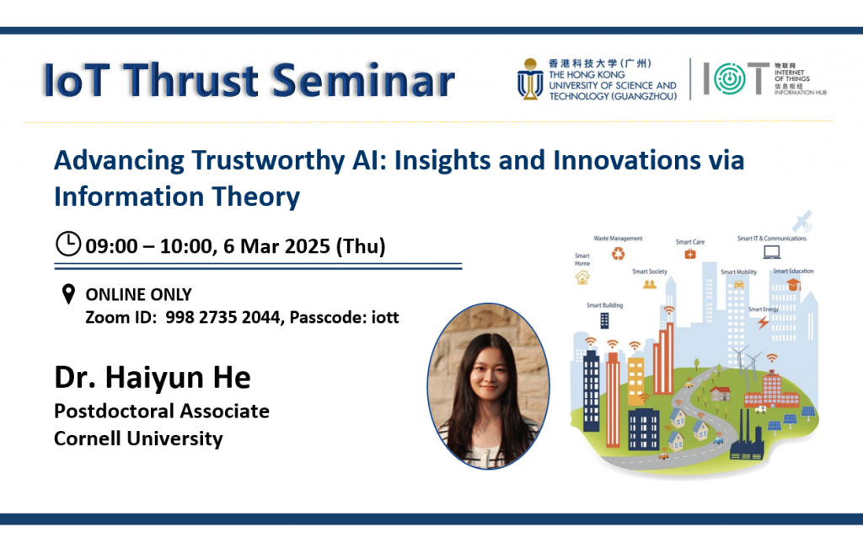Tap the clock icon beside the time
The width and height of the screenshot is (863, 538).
(67, 245)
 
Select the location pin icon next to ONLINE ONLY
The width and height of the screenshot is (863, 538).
(68, 295)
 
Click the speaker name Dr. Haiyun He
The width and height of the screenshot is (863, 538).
(153, 377)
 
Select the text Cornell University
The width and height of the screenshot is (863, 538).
(138, 438)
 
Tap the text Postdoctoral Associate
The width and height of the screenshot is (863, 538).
(162, 412)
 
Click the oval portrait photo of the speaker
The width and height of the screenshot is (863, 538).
(488, 385)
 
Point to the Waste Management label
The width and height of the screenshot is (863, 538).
(618, 239)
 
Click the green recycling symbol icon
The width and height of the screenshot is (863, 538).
(619, 254)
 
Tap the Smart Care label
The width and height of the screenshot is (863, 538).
(689, 242)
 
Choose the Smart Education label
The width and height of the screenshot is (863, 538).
(793, 271)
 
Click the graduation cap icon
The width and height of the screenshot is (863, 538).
(793, 285)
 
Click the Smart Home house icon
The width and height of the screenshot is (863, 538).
(582, 276)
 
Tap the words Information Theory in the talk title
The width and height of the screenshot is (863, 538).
(177, 196)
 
